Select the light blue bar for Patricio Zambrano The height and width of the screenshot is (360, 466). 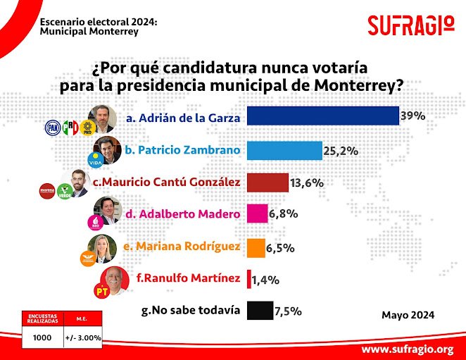tap(285, 150)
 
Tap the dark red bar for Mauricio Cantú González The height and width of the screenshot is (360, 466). tap(268, 182)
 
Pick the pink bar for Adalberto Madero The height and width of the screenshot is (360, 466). tap(258, 214)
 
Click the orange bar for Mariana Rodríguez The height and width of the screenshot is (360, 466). tap(257, 247)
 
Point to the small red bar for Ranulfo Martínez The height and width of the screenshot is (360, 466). tap(249, 280)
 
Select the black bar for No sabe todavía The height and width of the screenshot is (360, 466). tap(260, 311)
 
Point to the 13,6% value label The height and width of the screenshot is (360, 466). tap(307, 183)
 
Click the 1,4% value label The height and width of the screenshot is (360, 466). tap(267, 280)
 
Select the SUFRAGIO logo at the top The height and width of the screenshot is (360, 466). tap(411, 25)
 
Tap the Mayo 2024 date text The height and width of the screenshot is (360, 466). tap(408, 314)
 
